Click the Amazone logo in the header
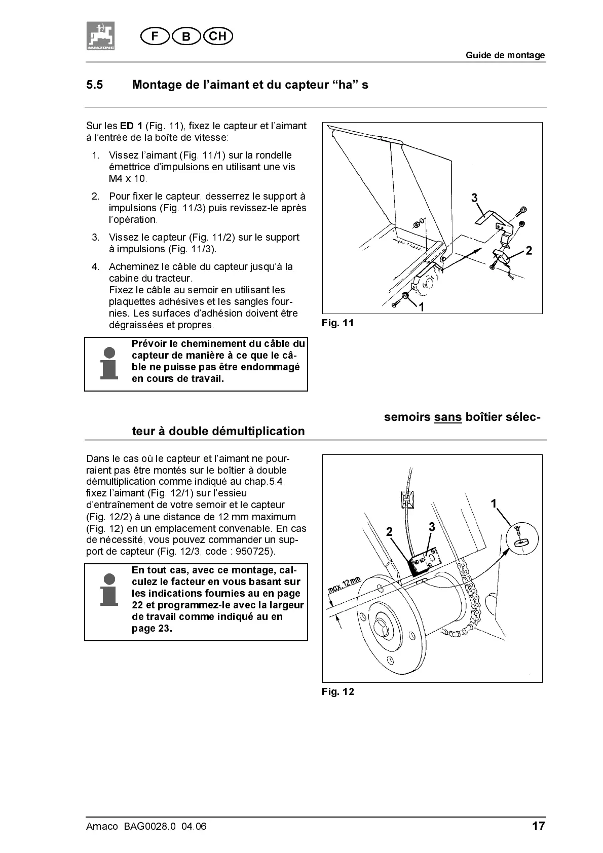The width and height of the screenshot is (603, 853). [x=100, y=36]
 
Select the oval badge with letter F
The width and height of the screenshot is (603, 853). [x=155, y=36]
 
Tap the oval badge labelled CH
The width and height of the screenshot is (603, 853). [x=217, y=36]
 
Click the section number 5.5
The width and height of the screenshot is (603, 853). [x=95, y=85]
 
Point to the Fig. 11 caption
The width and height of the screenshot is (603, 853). [x=337, y=323]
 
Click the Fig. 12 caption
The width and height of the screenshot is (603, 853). [x=337, y=692]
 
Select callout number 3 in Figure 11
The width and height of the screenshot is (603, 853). [x=474, y=198]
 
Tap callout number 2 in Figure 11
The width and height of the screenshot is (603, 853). [x=529, y=250]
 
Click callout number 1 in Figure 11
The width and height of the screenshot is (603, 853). [x=421, y=306]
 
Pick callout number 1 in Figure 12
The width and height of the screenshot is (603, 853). [x=494, y=503]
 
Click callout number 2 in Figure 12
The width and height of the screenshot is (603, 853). [x=389, y=531]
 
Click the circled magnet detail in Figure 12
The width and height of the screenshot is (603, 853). [x=523, y=538]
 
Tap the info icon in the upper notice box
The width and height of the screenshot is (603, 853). [x=109, y=364]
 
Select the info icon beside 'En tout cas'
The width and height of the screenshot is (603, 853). [x=109, y=590]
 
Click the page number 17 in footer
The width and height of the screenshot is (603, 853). [x=538, y=827]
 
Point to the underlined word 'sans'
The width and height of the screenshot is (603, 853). [x=447, y=417]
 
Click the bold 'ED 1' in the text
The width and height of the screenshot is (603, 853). [x=131, y=126]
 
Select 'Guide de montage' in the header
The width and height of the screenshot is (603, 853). [x=505, y=55]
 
